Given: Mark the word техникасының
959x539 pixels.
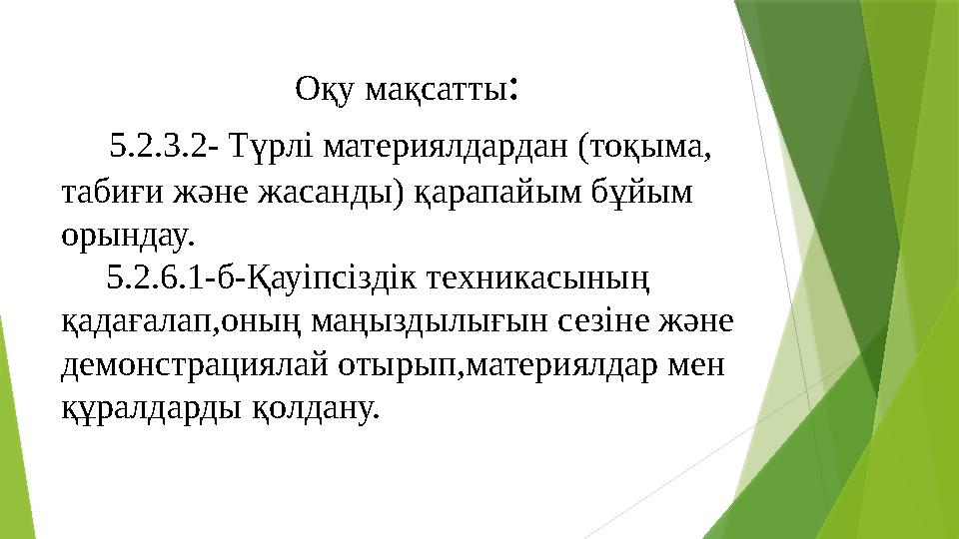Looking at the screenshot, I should click(x=538, y=279).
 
